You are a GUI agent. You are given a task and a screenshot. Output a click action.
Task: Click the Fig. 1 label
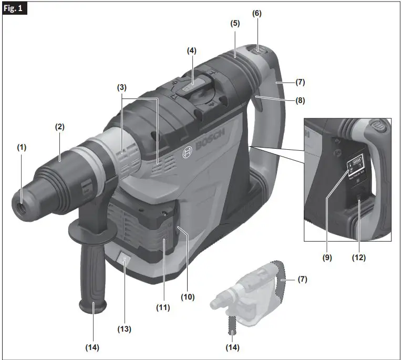point(16,9)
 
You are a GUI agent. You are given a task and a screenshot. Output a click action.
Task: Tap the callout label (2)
point(60,127)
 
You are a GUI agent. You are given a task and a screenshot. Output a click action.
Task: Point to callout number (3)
point(122,87)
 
